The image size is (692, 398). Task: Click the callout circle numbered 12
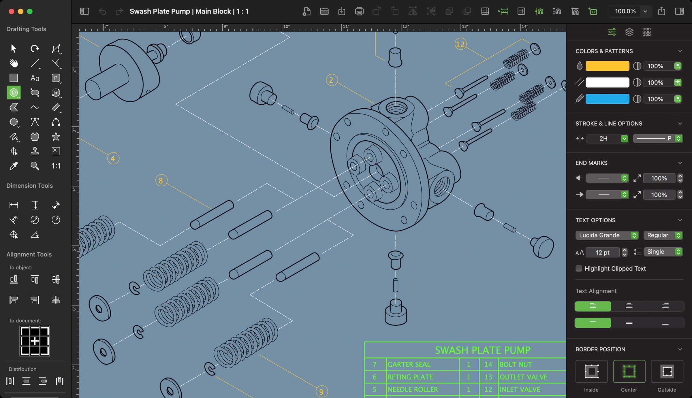(x=460, y=44)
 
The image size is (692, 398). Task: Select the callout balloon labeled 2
(x=332, y=80)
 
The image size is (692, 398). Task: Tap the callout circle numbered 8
(x=161, y=180)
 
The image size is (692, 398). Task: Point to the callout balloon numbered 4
(x=113, y=158)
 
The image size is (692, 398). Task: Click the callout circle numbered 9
(x=321, y=391)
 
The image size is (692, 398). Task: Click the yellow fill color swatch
(x=607, y=66)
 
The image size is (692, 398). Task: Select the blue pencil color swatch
(x=607, y=99)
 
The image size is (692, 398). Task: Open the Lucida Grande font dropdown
(x=607, y=235)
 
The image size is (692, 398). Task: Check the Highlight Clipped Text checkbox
(x=579, y=268)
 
